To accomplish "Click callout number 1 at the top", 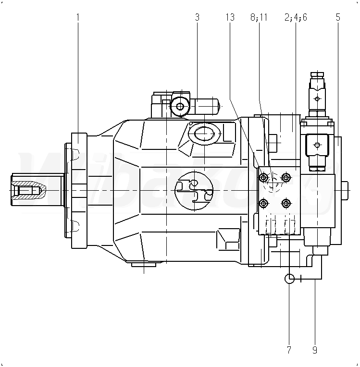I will (x=78, y=18).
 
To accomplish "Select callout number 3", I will (x=197, y=18).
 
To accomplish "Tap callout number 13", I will (x=230, y=18).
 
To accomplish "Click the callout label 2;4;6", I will (x=295, y=18).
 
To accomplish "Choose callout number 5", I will (x=338, y=18).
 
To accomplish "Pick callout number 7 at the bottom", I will (x=289, y=350).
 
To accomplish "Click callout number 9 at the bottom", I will (x=315, y=350).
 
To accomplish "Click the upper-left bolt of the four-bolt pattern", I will (x=263, y=178).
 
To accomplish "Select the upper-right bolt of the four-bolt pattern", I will (x=286, y=178).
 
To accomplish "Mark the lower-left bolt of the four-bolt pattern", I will (x=263, y=204).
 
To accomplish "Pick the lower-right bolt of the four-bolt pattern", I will (x=286, y=204).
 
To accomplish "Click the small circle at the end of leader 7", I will (x=289, y=278).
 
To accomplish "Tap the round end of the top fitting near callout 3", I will (x=181, y=107).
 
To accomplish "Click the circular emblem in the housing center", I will (x=193, y=190).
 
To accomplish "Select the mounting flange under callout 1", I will (x=78, y=190).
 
